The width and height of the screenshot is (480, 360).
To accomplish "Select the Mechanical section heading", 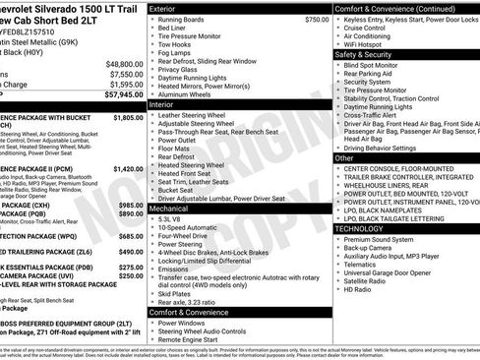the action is click(171, 209).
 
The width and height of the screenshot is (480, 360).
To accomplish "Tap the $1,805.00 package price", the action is click(128, 117).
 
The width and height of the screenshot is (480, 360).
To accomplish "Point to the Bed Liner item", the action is click(172, 30).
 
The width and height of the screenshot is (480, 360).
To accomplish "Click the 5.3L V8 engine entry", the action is click(174, 218).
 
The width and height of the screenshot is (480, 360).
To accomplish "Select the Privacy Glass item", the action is click(177, 70).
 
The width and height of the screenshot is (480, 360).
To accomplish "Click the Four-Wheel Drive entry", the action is click(183, 236).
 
